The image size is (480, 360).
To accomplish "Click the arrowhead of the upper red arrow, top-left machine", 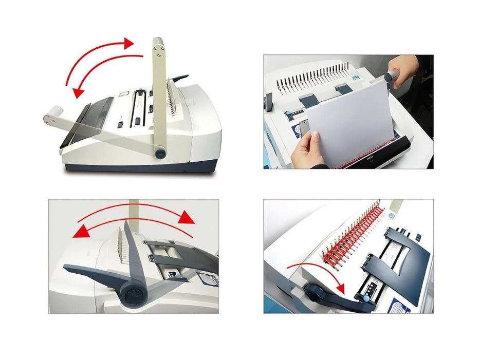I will click(x=127, y=43).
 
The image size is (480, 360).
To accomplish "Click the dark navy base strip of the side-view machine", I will click(x=139, y=167).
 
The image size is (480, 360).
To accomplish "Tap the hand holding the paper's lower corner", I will click(x=308, y=149).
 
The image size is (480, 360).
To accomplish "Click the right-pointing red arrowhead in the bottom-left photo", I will click(x=187, y=218).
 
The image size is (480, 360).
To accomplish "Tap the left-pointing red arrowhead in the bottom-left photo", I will click(x=79, y=232).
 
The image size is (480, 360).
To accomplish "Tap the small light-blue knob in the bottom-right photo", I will click(x=366, y=298).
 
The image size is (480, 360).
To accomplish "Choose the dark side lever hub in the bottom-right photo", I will click(x=313, y=291).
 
